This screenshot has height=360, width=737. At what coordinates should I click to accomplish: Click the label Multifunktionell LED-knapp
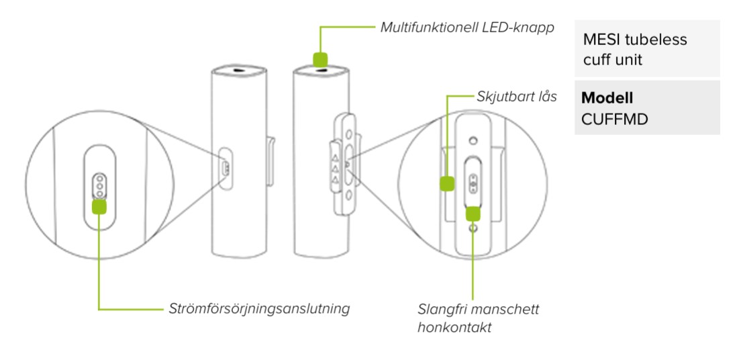tap(466, 28)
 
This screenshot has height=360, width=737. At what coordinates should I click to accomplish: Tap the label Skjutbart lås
tap(517, 97)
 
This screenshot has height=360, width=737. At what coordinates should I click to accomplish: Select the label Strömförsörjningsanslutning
tap(258, 310)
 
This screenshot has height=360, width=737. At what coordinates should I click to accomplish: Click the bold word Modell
tap(607, 98)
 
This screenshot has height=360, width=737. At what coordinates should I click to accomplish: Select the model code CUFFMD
tap(609, 117)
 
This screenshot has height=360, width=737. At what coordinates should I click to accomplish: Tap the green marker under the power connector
tap(99, 206)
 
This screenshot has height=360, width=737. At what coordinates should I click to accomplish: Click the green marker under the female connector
tap(473, 213)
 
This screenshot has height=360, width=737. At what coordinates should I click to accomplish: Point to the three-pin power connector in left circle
tap(99, 186)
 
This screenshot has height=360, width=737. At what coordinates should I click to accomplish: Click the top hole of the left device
tap(240, 69)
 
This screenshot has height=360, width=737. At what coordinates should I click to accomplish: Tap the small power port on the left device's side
tap(226, 167)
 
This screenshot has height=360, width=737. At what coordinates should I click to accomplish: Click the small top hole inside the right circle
tap(474, 142)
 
